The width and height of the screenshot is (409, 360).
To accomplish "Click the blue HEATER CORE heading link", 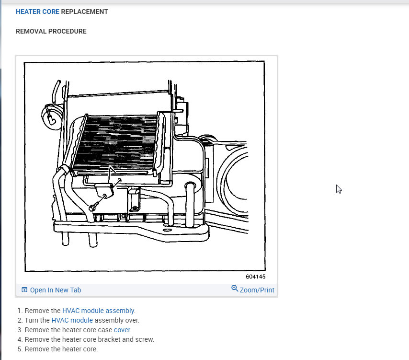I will click(37, 12).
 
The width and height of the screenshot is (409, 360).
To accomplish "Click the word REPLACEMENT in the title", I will click(85, 12).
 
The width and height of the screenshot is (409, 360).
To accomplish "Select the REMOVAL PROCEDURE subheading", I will click(51, 32).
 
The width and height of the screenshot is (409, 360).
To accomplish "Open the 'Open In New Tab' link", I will click(55, 290).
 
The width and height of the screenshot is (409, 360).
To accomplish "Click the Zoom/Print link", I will click(257, 290).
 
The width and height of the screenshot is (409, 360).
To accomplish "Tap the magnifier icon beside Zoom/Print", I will click(235, 289).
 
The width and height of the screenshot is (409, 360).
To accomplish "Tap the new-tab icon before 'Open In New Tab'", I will click(24, 290).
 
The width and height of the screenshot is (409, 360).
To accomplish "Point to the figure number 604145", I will click(255, 277).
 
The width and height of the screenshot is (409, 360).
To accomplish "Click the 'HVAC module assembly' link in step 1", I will click(98, 311).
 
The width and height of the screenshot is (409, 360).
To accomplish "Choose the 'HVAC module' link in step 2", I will click(72, 320).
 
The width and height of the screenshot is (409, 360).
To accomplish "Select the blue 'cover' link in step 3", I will click(122, 330).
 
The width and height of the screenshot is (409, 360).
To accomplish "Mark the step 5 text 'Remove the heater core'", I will click(61, 349).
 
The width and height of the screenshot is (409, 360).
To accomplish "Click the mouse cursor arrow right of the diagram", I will click(339, 189).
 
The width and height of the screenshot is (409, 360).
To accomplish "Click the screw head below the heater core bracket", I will click(91, 208).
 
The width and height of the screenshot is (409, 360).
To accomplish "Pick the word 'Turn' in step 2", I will click(31, 320).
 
